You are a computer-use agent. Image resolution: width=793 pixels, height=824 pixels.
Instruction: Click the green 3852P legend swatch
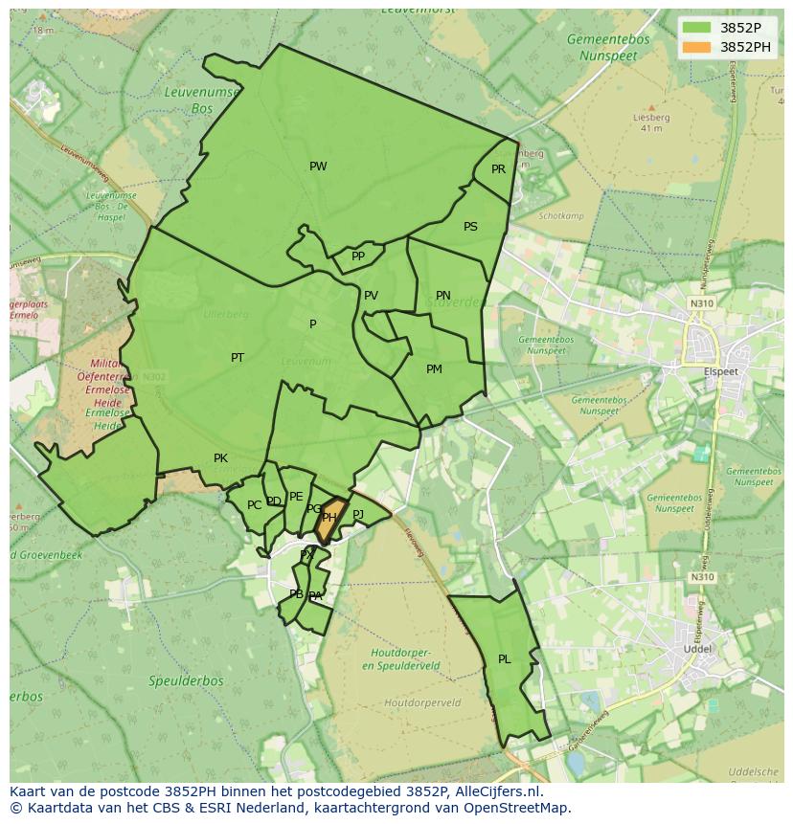point(697,28)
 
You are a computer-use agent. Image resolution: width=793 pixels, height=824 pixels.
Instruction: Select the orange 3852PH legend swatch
point(697,47)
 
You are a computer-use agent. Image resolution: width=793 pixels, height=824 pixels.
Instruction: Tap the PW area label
point(318,167)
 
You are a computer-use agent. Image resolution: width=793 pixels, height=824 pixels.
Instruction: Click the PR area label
point(498,169)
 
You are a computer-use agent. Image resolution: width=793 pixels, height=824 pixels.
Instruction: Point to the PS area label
point(470,227)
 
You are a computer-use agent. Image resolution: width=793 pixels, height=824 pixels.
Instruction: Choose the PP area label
point(358,256)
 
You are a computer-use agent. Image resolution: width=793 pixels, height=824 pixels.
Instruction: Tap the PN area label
point(442,296)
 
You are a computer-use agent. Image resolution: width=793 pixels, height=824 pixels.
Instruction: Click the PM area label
point(434,369)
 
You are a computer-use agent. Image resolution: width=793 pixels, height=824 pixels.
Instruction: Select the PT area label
point(238,358)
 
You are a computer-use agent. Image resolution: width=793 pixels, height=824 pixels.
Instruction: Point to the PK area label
point(220,458)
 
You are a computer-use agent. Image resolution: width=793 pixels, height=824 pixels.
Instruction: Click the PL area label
point(505,659)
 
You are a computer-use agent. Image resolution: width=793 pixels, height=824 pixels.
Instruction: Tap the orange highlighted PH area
point(329,517)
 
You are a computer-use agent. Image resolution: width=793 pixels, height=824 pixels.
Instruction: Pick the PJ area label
point(358,515)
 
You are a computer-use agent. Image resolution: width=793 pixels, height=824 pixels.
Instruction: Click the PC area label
point(254,505)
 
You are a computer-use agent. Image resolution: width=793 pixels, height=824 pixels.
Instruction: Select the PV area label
point(371,296)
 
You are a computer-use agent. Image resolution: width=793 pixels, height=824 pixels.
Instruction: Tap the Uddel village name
point(697,648)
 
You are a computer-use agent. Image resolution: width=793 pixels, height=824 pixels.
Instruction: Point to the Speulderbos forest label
point(186,681)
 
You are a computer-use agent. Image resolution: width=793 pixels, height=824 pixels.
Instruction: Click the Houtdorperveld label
point(421,702)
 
